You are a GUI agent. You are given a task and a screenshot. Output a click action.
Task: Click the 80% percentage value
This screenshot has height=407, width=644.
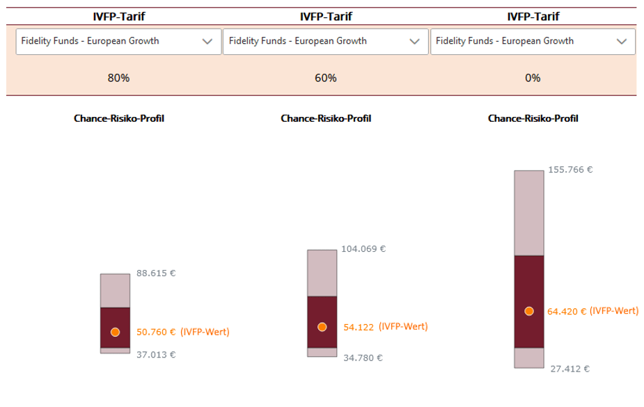118,78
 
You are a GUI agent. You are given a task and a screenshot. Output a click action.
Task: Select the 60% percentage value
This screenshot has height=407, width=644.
326,78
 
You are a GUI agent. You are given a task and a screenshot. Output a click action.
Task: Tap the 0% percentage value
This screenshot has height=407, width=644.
533,78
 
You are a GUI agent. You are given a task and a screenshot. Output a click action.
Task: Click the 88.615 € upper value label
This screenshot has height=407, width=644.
156,273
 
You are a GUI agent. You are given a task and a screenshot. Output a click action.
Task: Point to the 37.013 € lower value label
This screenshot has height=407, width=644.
156,354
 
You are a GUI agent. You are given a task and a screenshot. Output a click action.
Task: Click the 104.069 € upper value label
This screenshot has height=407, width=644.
363,249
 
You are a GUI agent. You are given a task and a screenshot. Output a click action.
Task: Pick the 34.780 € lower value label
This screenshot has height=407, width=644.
363,358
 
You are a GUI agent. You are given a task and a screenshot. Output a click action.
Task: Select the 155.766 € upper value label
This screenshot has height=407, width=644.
570,169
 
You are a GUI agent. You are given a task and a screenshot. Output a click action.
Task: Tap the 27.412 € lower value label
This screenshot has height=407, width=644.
570,369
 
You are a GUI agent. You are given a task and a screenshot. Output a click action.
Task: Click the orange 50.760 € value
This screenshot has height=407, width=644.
156,332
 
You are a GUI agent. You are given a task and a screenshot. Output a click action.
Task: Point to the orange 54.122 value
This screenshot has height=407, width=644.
359,327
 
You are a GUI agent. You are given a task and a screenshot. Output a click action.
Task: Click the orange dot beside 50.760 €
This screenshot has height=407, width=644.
116,332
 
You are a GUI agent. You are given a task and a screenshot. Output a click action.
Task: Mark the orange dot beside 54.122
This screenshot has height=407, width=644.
322,326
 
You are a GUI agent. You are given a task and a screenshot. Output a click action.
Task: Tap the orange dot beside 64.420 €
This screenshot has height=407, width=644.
529,311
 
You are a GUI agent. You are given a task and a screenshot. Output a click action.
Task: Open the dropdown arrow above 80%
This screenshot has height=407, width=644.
207,42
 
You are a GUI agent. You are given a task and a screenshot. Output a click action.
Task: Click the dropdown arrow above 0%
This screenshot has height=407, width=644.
621,42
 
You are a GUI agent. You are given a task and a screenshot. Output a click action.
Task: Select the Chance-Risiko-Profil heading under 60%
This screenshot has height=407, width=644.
326,118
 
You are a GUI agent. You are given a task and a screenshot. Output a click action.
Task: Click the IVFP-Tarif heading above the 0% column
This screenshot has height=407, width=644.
533,17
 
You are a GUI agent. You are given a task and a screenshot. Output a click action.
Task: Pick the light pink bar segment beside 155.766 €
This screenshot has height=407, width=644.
529,212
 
